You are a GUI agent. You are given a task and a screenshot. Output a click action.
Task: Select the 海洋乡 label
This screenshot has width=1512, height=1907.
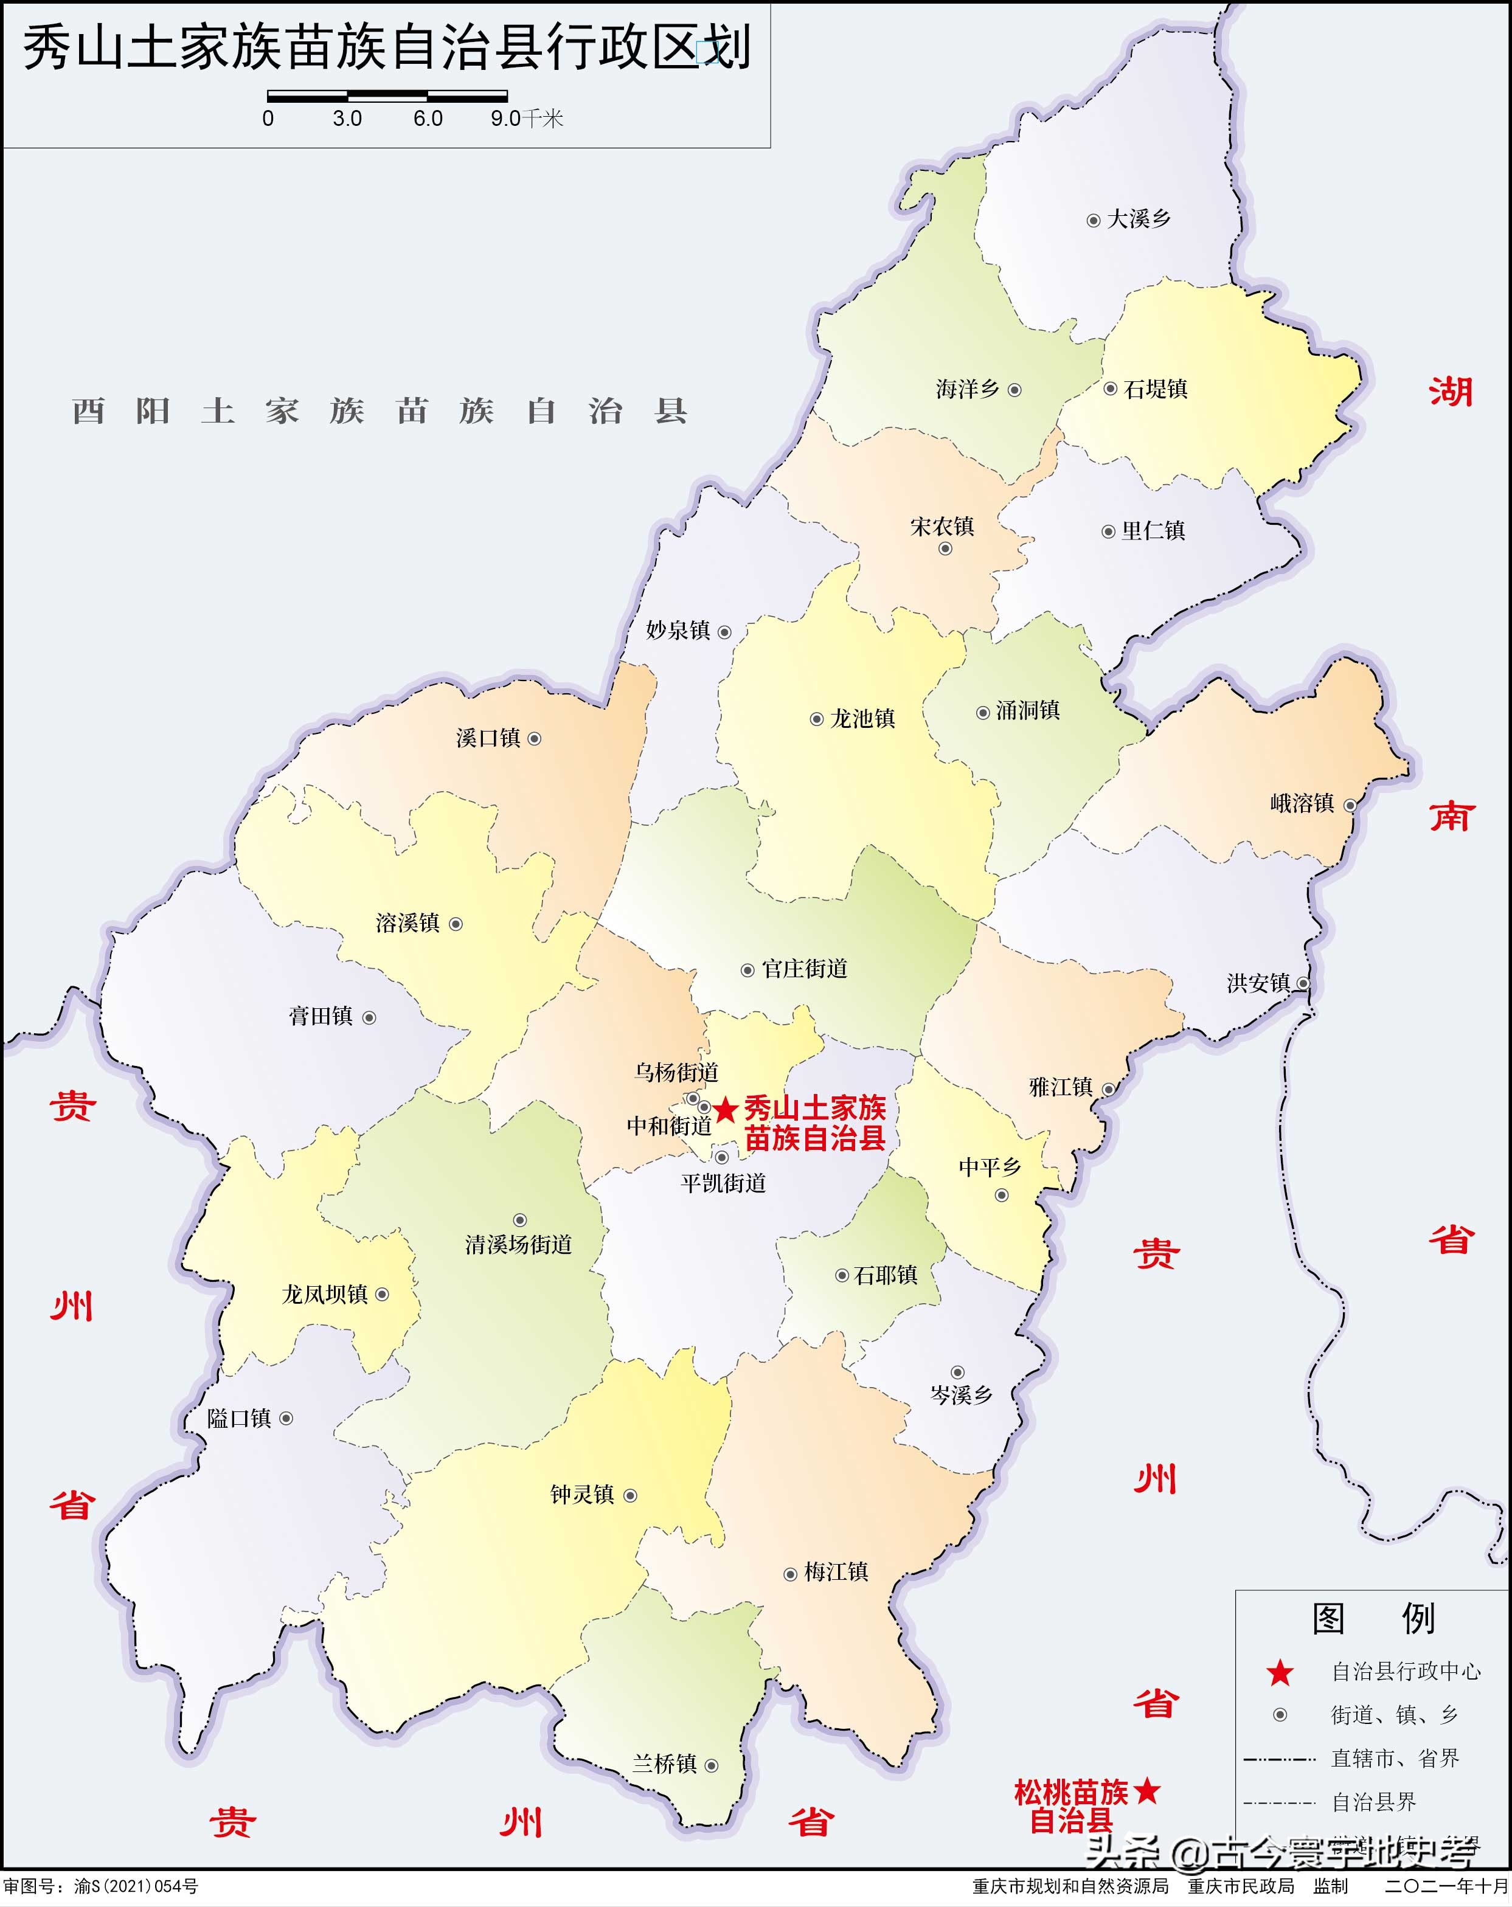pos(968,389)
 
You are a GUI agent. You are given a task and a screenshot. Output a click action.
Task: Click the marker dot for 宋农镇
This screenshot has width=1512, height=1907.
pos(945,549)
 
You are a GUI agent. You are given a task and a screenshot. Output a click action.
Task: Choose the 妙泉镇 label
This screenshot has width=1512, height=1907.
pos(678,631)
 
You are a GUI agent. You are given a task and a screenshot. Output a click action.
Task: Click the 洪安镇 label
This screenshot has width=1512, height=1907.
pos(1258,983)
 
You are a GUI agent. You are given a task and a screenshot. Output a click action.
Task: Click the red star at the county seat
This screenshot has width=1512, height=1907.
pos(726,1109)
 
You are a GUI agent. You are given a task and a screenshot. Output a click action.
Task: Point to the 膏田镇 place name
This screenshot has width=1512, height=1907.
pos(321,1016)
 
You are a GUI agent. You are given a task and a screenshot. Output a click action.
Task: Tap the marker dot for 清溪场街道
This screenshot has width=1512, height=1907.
pos(520,1220)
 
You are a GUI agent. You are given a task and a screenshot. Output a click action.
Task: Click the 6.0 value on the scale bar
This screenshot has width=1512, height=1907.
pos(428,119)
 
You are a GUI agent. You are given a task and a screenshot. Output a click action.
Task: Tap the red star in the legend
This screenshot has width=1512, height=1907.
pos(1279,1672)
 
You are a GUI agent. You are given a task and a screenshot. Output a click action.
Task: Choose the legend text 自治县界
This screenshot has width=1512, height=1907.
pos(1374,1802)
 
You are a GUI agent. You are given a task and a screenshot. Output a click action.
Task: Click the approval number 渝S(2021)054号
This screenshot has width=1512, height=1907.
pos(136,1886)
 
